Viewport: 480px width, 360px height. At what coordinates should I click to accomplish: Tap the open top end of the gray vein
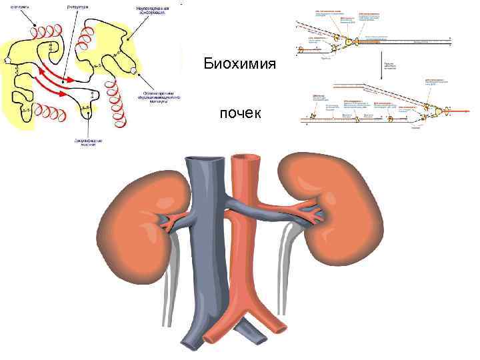(201, 159)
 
